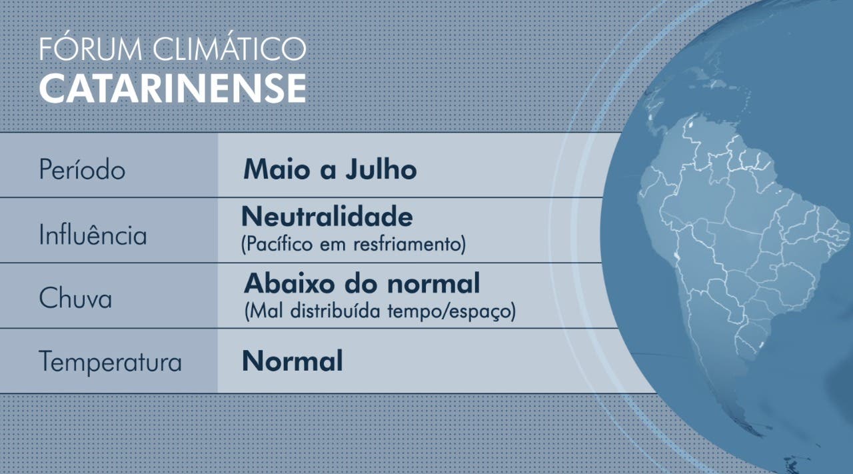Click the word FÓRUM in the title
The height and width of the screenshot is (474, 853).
pos(91,47)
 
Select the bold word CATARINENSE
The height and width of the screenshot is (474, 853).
pos(173,88)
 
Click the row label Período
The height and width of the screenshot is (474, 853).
pos(82,169)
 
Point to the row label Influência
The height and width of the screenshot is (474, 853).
pos(93,233)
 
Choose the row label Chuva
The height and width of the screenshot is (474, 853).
pos(75,297)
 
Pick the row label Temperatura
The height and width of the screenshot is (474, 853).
pos(111,361)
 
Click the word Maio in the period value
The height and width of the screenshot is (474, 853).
pos(277,169)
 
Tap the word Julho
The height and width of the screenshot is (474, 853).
pos(381,169)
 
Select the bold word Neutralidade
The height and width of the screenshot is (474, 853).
pos(327,216)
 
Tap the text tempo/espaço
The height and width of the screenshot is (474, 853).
pos(449,311)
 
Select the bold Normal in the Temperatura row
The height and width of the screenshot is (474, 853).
pos(293,361)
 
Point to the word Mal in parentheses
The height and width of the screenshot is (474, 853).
pos(267,311)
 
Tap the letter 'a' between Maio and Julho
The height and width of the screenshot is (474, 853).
pos(328,171)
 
